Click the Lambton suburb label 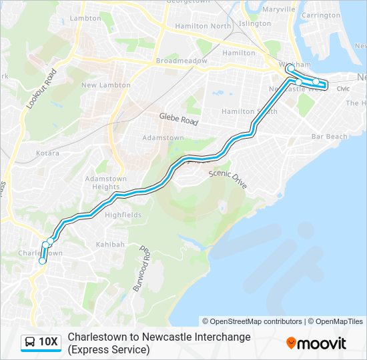coord(85,18)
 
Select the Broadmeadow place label coord(179,60)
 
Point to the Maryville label coord(279,9)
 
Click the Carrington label coord(320,15)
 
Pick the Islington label coord(255,23)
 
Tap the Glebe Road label coord(179,119)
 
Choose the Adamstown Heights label coord(97,183)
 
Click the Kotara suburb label coord(47,153)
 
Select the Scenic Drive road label coord(228,177)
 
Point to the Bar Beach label coord(330,137)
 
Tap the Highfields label coord(123,215)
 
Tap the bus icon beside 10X coord(30,343)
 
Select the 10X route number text coord(49,343)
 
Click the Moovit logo coord(316,343)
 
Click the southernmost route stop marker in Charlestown coord(42,261)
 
